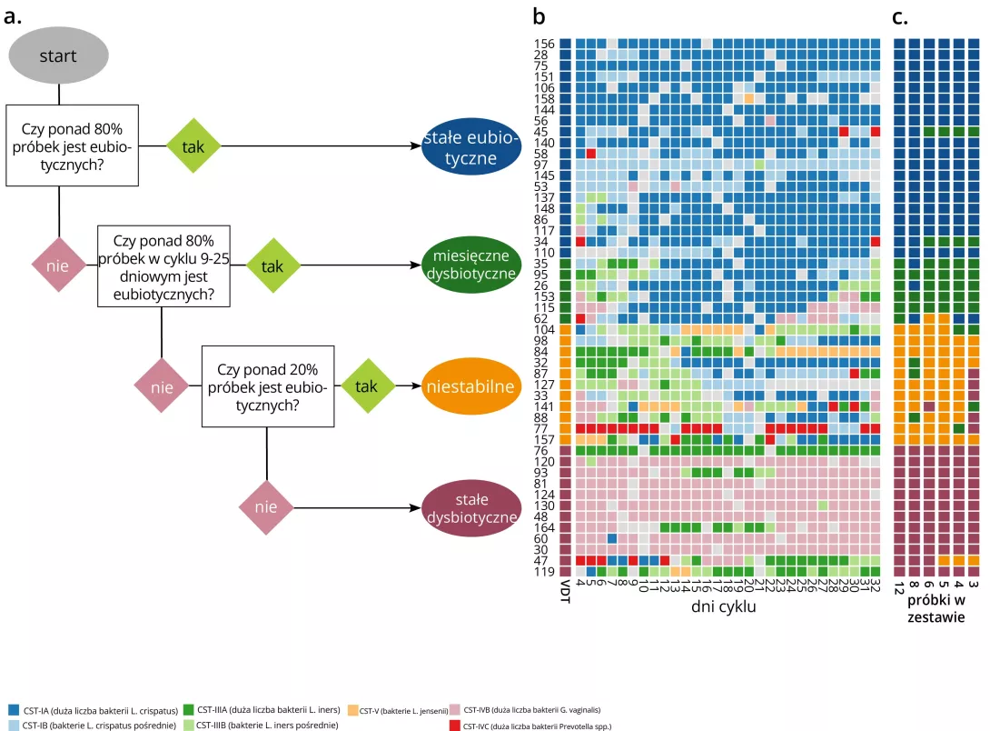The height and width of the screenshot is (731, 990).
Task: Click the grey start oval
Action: [x=57, y=56]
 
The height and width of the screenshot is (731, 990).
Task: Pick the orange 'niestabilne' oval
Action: [x=470, y=386]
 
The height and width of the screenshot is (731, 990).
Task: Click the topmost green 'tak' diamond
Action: [x=193, y=146]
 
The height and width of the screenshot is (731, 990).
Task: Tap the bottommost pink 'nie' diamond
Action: [x=266, y=507]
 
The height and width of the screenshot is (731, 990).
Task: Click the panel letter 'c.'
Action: [x=901, y=17]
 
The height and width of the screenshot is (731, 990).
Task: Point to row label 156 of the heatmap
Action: [x=544, y=44]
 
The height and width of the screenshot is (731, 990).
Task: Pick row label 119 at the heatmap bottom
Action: [x=544, y=572]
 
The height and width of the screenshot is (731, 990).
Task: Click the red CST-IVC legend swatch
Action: [x=455, y=726]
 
